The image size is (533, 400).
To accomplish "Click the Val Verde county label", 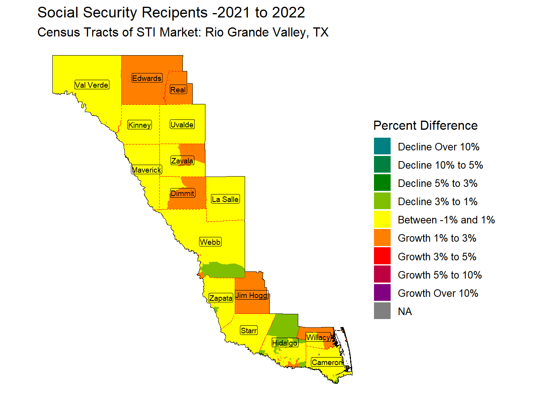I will (x=92, y=85).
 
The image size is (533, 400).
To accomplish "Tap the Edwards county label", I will (x=147, y=78).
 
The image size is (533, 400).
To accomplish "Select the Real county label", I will (x=178, y=90).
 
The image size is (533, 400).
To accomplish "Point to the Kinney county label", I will (x=140, y=125).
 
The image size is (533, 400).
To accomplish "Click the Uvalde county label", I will (x=182, y=125).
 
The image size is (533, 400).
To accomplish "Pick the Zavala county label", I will (x=182, y=161).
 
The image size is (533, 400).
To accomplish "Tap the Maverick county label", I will (x=147, y=170).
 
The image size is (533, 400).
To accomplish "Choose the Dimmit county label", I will (x=182, y=193).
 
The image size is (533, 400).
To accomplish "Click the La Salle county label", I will (x=225, y=199).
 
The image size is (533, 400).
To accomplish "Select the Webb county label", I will (x=210, y=242).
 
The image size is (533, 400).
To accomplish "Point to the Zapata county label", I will (x=221, y=298).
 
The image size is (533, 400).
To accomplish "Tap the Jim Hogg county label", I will (x=252, y=295).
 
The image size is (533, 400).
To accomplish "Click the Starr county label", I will (x=249, y=331).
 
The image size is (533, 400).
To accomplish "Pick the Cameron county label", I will (x=327, y=362).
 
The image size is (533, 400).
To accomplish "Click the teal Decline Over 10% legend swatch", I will (x=382, y=146).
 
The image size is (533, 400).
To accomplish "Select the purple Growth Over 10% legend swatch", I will (x=382, y=293).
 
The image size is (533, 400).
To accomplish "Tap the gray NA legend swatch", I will (x=382, y=311).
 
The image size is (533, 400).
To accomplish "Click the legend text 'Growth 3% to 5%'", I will (x=437, y=257).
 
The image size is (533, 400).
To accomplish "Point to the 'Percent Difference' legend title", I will (x=426, y=125).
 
